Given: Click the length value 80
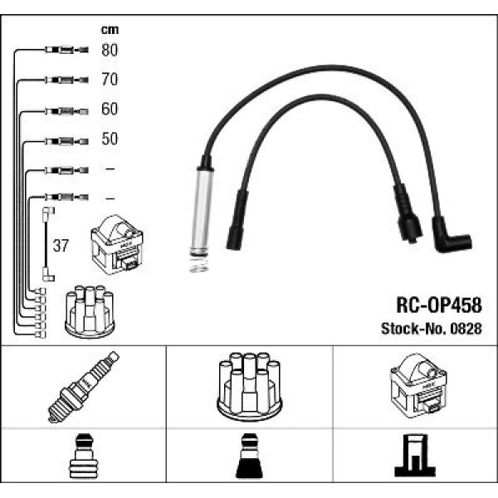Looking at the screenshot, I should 110,51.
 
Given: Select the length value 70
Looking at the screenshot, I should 110,81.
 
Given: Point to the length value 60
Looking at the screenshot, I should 110,110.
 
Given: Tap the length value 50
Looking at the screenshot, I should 110,139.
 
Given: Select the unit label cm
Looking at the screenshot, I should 110,29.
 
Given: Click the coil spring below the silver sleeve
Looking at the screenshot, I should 197,264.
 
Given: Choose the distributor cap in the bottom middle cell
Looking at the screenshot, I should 248,386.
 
